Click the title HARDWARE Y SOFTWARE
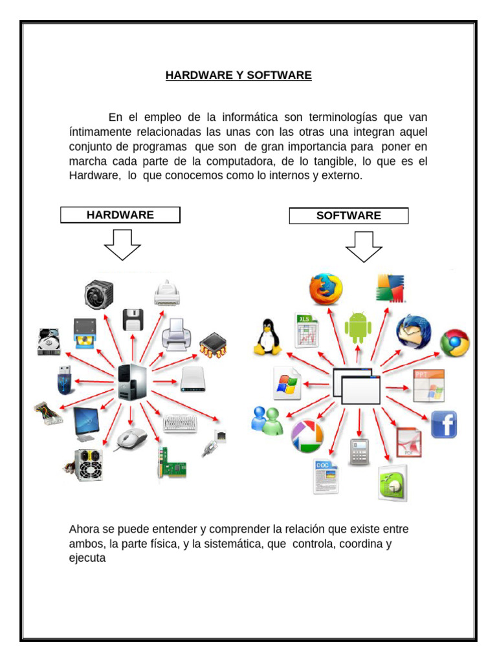click(238, 76)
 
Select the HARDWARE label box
click(120, 215)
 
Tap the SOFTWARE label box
click(349, 216)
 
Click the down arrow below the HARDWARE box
click(122, 245)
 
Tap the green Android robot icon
click(358, 327)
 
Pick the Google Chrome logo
click(455, 343)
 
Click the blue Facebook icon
click(443, 424)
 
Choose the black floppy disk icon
click(133, 320)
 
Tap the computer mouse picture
click(131, 440)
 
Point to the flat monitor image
click(87, 423)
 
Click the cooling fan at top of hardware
click(99, 294)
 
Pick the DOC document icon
click(326, 476)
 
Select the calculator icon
click(359, 452)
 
